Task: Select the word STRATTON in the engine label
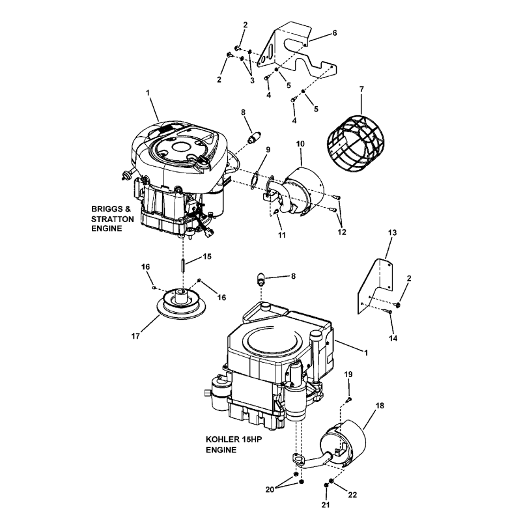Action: pyautogui.click(x=113, y=220)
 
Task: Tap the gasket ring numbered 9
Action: pyautogui.click(x=260, y=175)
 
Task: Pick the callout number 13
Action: pyautogui.click(x=392, y=232)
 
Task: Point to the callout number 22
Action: pyautogui.click(x=353, y=495)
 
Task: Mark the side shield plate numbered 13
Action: pyautogui.click(x=378, y=283)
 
